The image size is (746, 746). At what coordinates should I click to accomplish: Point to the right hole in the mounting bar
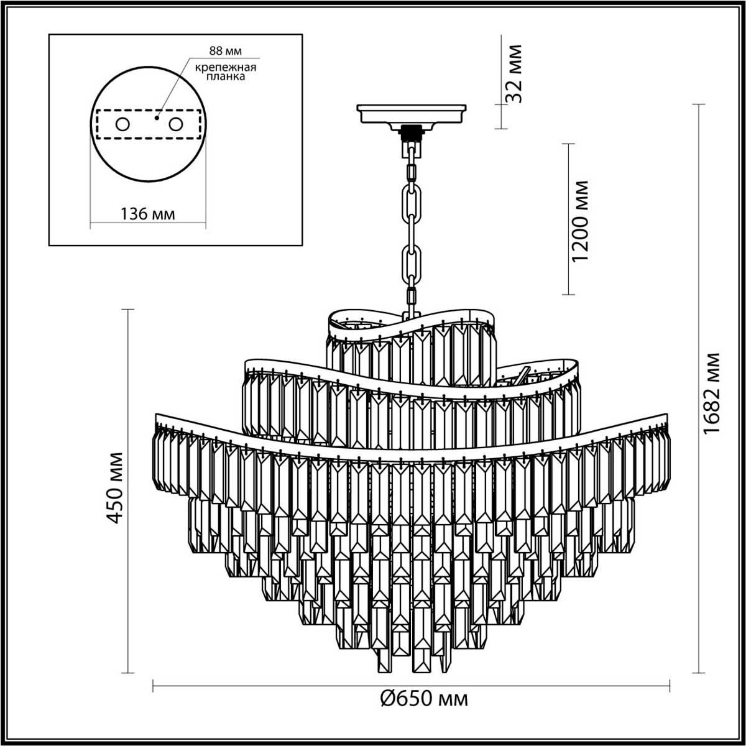click(176, 124)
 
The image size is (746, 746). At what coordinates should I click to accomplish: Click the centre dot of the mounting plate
click(157, 116)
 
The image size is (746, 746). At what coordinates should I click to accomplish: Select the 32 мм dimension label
click(513, 73)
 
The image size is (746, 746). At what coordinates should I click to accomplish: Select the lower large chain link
click(411, 263)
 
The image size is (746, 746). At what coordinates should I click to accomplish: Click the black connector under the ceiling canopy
click(411, 132)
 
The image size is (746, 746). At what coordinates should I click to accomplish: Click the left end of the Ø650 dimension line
click(153, 686)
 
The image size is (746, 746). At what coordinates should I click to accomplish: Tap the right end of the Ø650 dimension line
click(670, 686)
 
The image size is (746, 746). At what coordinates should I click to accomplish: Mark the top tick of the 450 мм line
click(128, 309)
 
